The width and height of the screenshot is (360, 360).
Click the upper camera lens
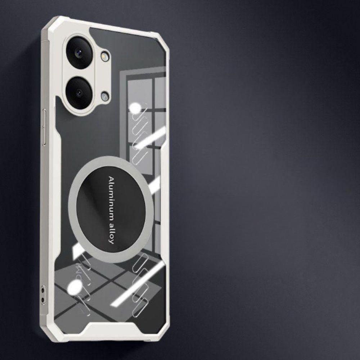pos(80,52)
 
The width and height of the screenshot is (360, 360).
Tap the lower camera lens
pos(80,93)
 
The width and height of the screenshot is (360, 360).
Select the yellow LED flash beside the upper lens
pos(105,56)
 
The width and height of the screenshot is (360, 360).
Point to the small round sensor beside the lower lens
pos(105,96)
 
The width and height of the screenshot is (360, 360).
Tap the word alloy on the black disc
pos(111,231)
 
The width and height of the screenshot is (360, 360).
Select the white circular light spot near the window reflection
pos(135,108)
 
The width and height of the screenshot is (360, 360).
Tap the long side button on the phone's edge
pos(45,128)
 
